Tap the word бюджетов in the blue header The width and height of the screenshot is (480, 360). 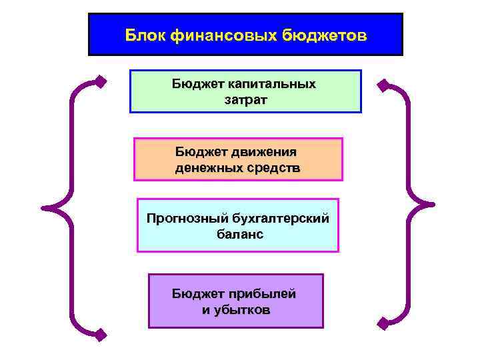coord(329,35)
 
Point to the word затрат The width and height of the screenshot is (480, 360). coord(245,100)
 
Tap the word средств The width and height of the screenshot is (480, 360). coord(273,167)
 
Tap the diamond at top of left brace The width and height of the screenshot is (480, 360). coord(100,83)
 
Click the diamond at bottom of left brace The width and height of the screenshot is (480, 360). coord(100,333)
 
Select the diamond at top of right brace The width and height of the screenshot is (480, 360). coord(382,85)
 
